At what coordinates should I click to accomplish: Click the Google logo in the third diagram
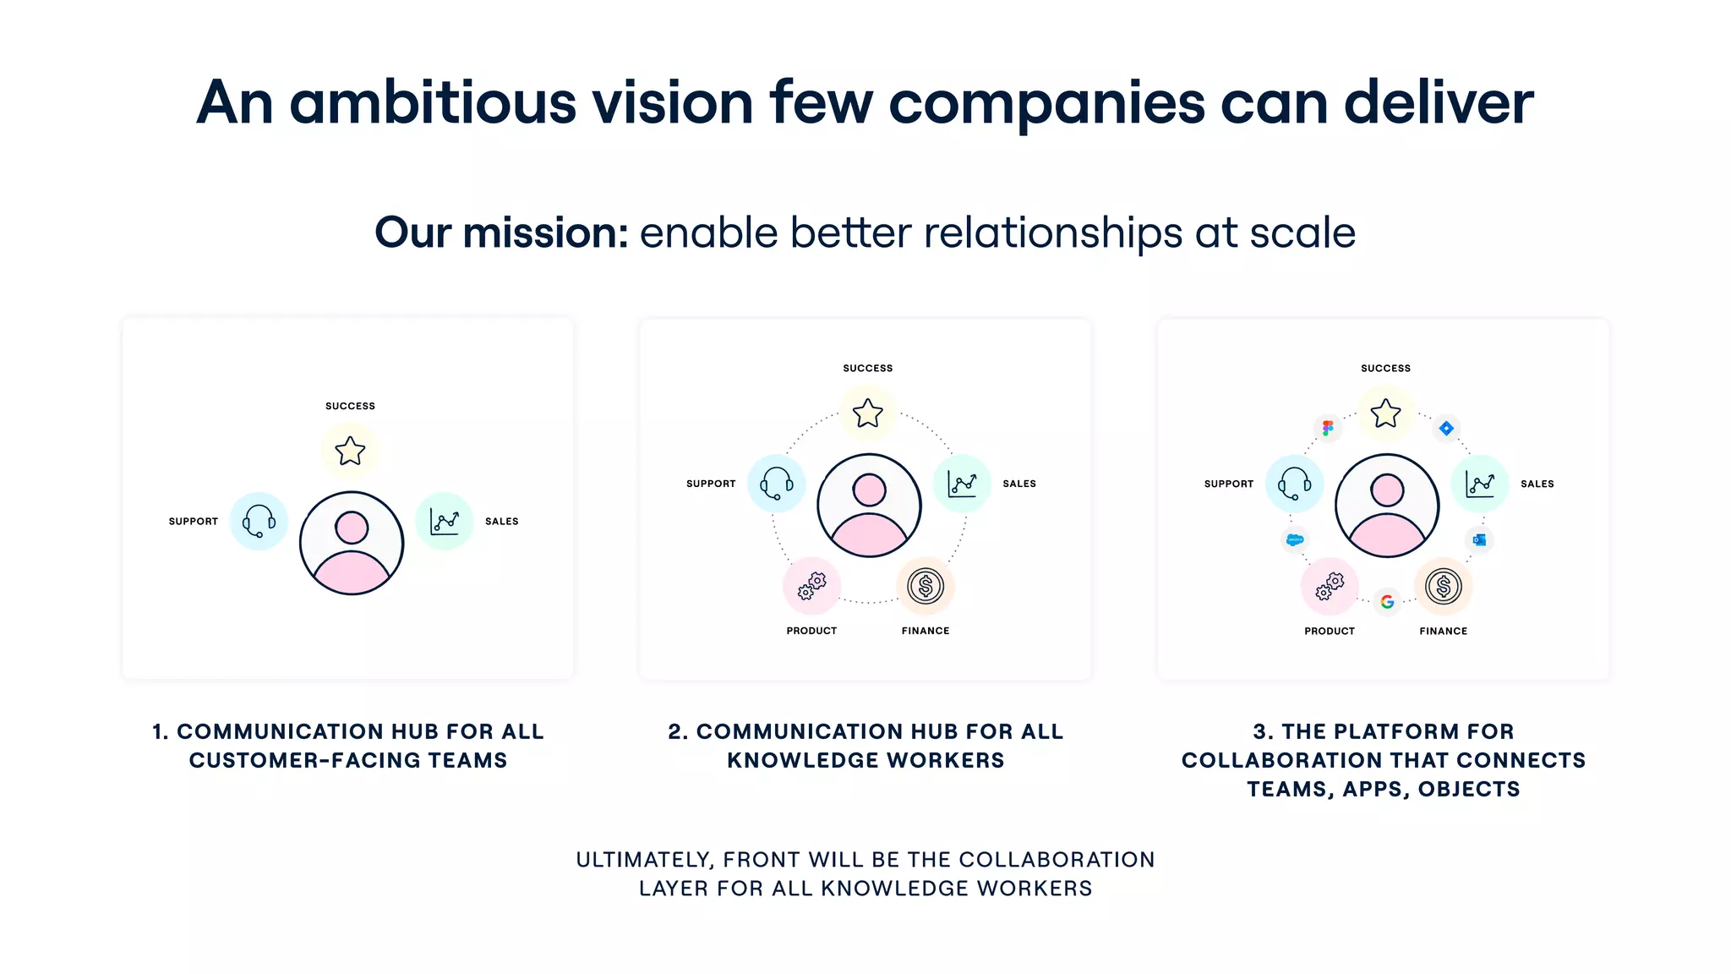pos(1387,602)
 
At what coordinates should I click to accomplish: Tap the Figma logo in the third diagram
pos(1328,428)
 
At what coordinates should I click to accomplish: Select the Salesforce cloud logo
pos(1294,539)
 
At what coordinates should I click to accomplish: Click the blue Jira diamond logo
pos(1446,429)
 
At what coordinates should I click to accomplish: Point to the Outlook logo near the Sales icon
pos(1479,539)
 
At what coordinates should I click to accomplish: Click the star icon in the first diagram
pos(350,451)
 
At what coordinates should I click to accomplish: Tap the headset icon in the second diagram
pos(776,484)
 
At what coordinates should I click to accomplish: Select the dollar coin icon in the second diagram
pos(926,586)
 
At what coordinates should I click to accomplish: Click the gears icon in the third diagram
pos(1330,586)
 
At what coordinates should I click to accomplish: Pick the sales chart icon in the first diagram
pos(445,521)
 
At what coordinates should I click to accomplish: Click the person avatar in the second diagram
pos(869,506)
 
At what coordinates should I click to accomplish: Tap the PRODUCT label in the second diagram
pos(811,631)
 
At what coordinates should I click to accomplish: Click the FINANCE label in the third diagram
pos(1443,632)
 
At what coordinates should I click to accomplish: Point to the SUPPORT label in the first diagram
pos(193,522)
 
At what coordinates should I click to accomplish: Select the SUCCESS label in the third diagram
pos(1385,369)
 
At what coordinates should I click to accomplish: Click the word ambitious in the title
pos(433,102)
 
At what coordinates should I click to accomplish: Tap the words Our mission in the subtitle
pos(501,233)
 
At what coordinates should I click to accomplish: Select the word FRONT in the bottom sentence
pos(761,860)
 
